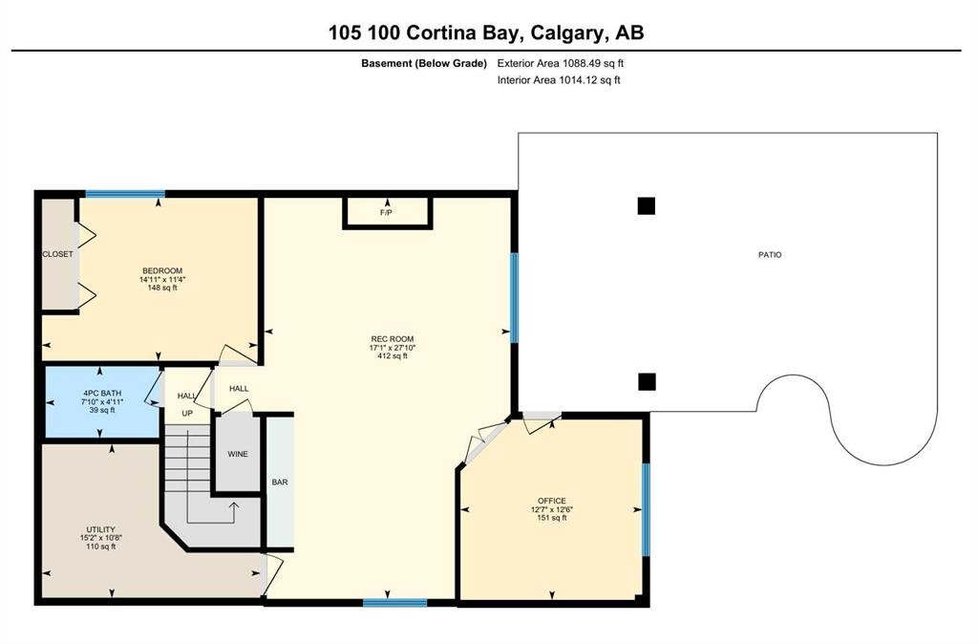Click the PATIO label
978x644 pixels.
point(770,254)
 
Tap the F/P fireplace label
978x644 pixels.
point(386,213)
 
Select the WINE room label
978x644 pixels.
point(238,454)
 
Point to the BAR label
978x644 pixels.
point(280,482)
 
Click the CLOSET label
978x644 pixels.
point(57,254)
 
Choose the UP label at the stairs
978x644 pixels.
point(187,413)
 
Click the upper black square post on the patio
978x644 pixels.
point(647,206)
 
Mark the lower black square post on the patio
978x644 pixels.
point(647,381)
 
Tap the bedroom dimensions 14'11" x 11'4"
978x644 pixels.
point(162,280)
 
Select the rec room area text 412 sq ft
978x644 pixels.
point(393,355)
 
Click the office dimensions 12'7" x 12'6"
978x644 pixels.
point(552,508)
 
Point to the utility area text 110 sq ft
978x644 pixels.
point(101,546)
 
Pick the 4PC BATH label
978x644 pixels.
point(102,393)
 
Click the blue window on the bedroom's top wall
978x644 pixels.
point(125,193)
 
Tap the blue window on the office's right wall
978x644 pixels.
point(647,509)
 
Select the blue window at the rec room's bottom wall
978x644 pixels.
point(395,603)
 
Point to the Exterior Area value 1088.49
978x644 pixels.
point(582,63)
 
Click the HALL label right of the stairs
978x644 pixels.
point(239,388)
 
